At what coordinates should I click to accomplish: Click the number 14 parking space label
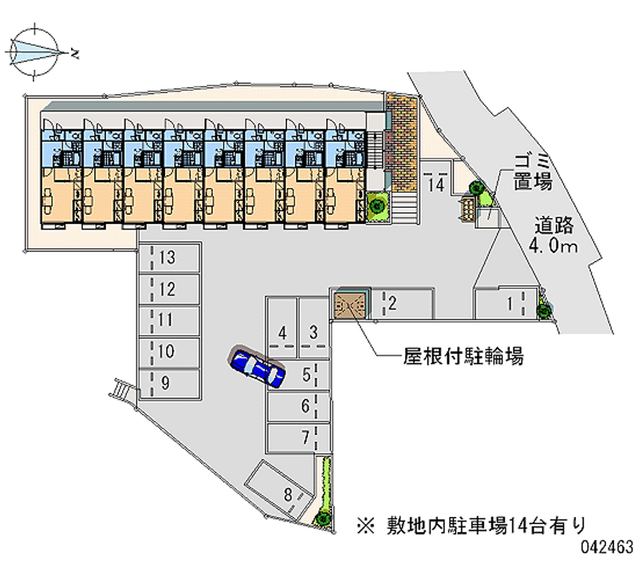click(435, 185)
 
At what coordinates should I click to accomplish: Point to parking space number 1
click(507, 303)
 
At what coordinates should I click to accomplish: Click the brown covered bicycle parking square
click(350, 305)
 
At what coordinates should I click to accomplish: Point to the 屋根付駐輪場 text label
click(462, 358)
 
